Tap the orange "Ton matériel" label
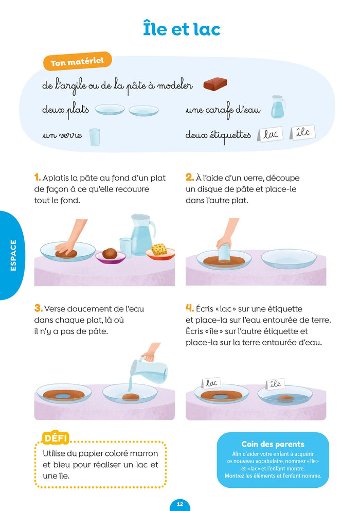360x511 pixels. coord(77,61)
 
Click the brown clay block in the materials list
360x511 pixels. coord(215,84)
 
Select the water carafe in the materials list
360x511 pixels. coord(278,106)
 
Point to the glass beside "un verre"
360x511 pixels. coord(95,137)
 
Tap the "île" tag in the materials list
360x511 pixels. coord(303,132)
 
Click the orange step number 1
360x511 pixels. coord(37,178)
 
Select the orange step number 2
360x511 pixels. coord(189,178)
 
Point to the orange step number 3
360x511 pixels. coord(38,308)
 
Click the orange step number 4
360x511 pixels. coord(190,308)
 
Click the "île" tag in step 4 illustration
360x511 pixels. coord(276,383)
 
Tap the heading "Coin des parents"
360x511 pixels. coord(273,444)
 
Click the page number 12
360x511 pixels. coord(180,504)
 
